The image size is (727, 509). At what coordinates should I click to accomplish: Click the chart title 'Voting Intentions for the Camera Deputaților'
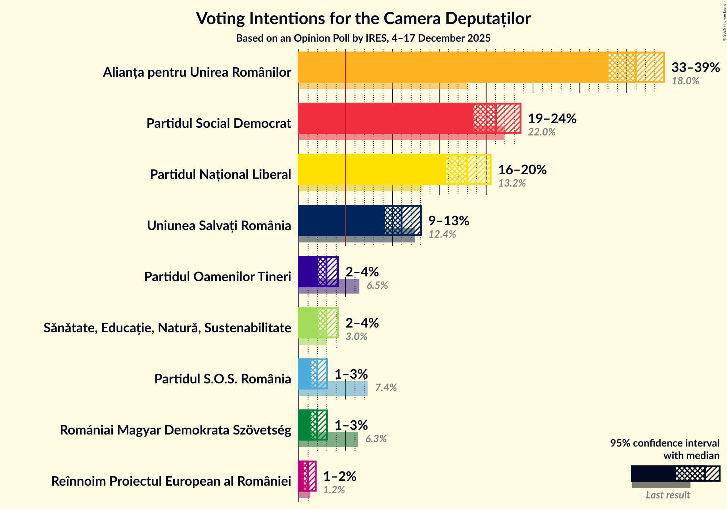click(363, 18)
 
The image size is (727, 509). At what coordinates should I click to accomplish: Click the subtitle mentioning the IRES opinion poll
click(363, 38)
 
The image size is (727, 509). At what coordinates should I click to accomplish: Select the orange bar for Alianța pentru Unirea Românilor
click(453, 68)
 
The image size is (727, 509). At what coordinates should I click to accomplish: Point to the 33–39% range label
click(695, 68)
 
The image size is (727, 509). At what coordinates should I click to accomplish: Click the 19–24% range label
click(552, 119)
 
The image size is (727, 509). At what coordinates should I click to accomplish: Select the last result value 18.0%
click(685, 81)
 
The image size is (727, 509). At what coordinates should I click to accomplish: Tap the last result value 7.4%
click(386, 388)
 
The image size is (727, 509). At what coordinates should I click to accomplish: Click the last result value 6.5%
click(377, 286)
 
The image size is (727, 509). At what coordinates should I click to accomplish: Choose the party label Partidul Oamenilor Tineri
click(217, 277)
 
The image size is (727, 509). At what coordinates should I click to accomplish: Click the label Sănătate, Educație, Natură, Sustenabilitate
click(167, 328)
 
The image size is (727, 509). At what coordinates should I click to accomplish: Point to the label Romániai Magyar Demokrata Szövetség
click(175, 430)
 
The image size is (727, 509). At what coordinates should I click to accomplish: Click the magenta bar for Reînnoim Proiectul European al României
click(303, 477)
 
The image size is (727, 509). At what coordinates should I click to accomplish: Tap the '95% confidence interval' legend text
click(664, 443)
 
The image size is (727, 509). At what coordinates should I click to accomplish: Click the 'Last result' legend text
click(667, 495)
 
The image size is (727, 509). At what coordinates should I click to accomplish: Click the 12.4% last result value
click(442, 234)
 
